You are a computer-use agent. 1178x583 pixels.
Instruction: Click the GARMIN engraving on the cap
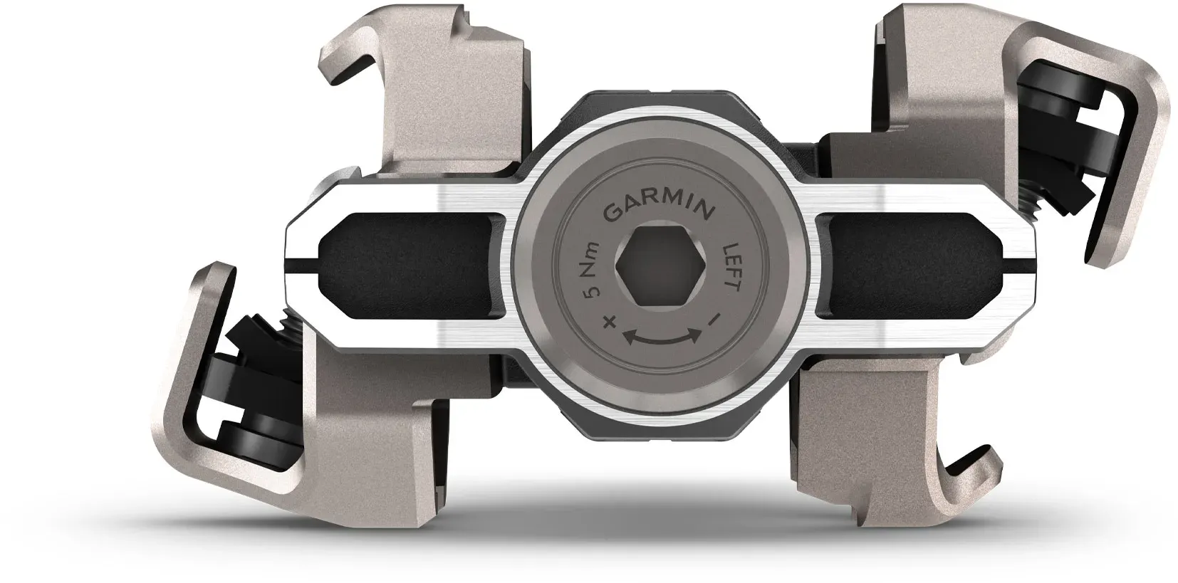pos(658,211)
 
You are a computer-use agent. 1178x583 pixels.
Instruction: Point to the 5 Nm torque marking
pos(593,270)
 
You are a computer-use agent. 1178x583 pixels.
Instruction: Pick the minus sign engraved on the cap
pos(714,319)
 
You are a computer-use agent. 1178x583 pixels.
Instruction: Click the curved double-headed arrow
pos(662,337)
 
